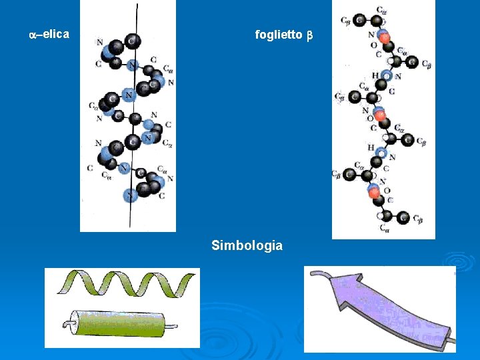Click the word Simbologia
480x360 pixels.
click(247, 245)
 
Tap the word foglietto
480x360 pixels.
click(279, 35)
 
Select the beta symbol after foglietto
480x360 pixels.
click(309, 35)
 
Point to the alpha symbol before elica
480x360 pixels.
click(33, 33)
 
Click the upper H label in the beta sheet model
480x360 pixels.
click(375, 75)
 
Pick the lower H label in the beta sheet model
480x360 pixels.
click(371, 147)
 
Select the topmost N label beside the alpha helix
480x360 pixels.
click(99, 43)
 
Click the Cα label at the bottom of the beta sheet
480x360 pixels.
click(385, 227)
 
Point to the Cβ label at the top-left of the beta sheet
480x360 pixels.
click(346, 21)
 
